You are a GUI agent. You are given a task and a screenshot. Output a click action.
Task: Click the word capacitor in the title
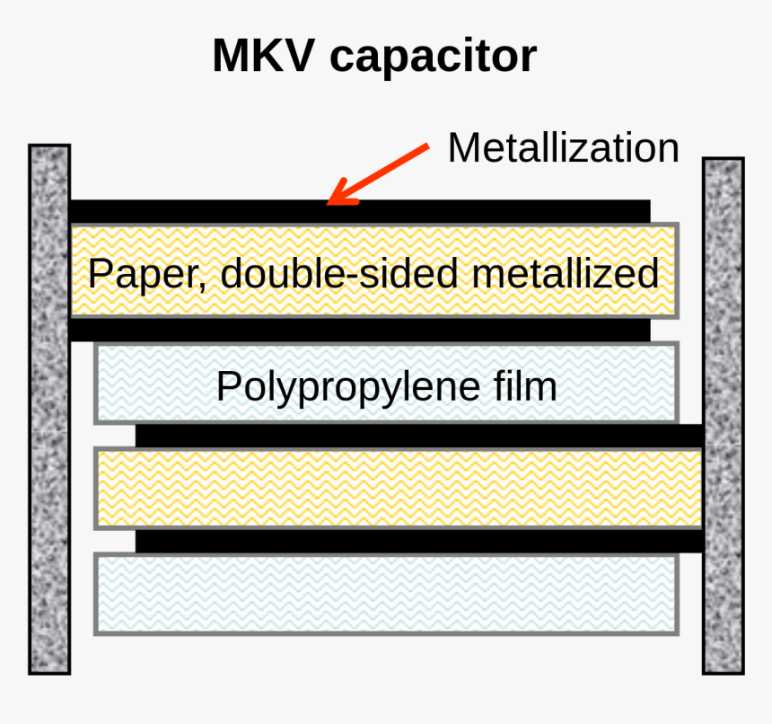tap(434, 58)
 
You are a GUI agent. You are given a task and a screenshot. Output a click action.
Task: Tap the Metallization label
tap(564, 147)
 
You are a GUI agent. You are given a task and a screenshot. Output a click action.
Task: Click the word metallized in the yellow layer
tap(566, 272)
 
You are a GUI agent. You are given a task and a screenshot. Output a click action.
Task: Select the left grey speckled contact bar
tap(49, 410)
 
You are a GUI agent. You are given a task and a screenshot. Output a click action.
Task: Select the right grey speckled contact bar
tap(723, 416)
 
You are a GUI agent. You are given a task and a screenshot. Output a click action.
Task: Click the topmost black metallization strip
tap(360, 212)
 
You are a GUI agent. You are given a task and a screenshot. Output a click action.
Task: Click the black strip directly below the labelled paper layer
tap(360, 330)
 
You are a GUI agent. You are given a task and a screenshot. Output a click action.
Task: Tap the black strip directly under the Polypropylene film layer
tap(419, 436)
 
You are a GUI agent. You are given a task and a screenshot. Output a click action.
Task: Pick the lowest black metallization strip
tap(419, 541)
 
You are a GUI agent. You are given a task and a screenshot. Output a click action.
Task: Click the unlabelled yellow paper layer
tap(399, 488)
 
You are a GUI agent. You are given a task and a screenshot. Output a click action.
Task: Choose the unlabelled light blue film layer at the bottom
tap(387, 594)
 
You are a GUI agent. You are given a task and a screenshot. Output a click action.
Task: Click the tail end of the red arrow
tap(428, 146)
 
